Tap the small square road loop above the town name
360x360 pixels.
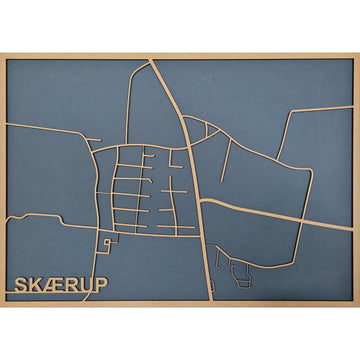pos(105,243)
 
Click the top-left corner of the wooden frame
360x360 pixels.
pos(2,53)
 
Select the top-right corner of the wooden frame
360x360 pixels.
pos(357,53)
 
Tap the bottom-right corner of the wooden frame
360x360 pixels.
pos(357,305)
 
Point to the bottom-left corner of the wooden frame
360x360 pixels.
pos(2,305)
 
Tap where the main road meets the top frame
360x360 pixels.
pos(152,59)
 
